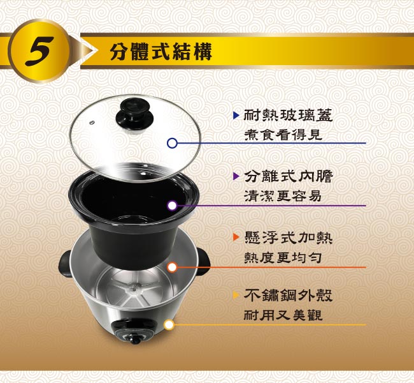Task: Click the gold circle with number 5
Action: (x=39, y=51)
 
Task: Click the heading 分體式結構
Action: (x=161, y=51)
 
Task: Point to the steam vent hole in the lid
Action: (x=92, y=123)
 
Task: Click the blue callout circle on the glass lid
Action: (x=172, y=143)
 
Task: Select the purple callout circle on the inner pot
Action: (x=172, y=206)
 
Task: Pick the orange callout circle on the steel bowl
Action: (x=172, y=267)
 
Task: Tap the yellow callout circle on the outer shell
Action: (x=169, y=324)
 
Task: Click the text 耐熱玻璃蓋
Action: (x=288, y=115)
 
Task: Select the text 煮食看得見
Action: (x=283, y=135)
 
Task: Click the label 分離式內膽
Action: (x=288, y=176)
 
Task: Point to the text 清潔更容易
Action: (x=283, y=196)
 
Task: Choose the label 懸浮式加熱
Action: (x=288, y=237)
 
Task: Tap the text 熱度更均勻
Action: (x=283, y=257)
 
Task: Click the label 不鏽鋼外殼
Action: (x=288, y=295)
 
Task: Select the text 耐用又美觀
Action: (x=283, y=315)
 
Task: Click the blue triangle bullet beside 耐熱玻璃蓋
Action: (x=236, y=115)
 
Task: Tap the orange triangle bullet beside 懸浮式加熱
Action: (x=236, y=237)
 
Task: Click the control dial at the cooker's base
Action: (x=134, y=338)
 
